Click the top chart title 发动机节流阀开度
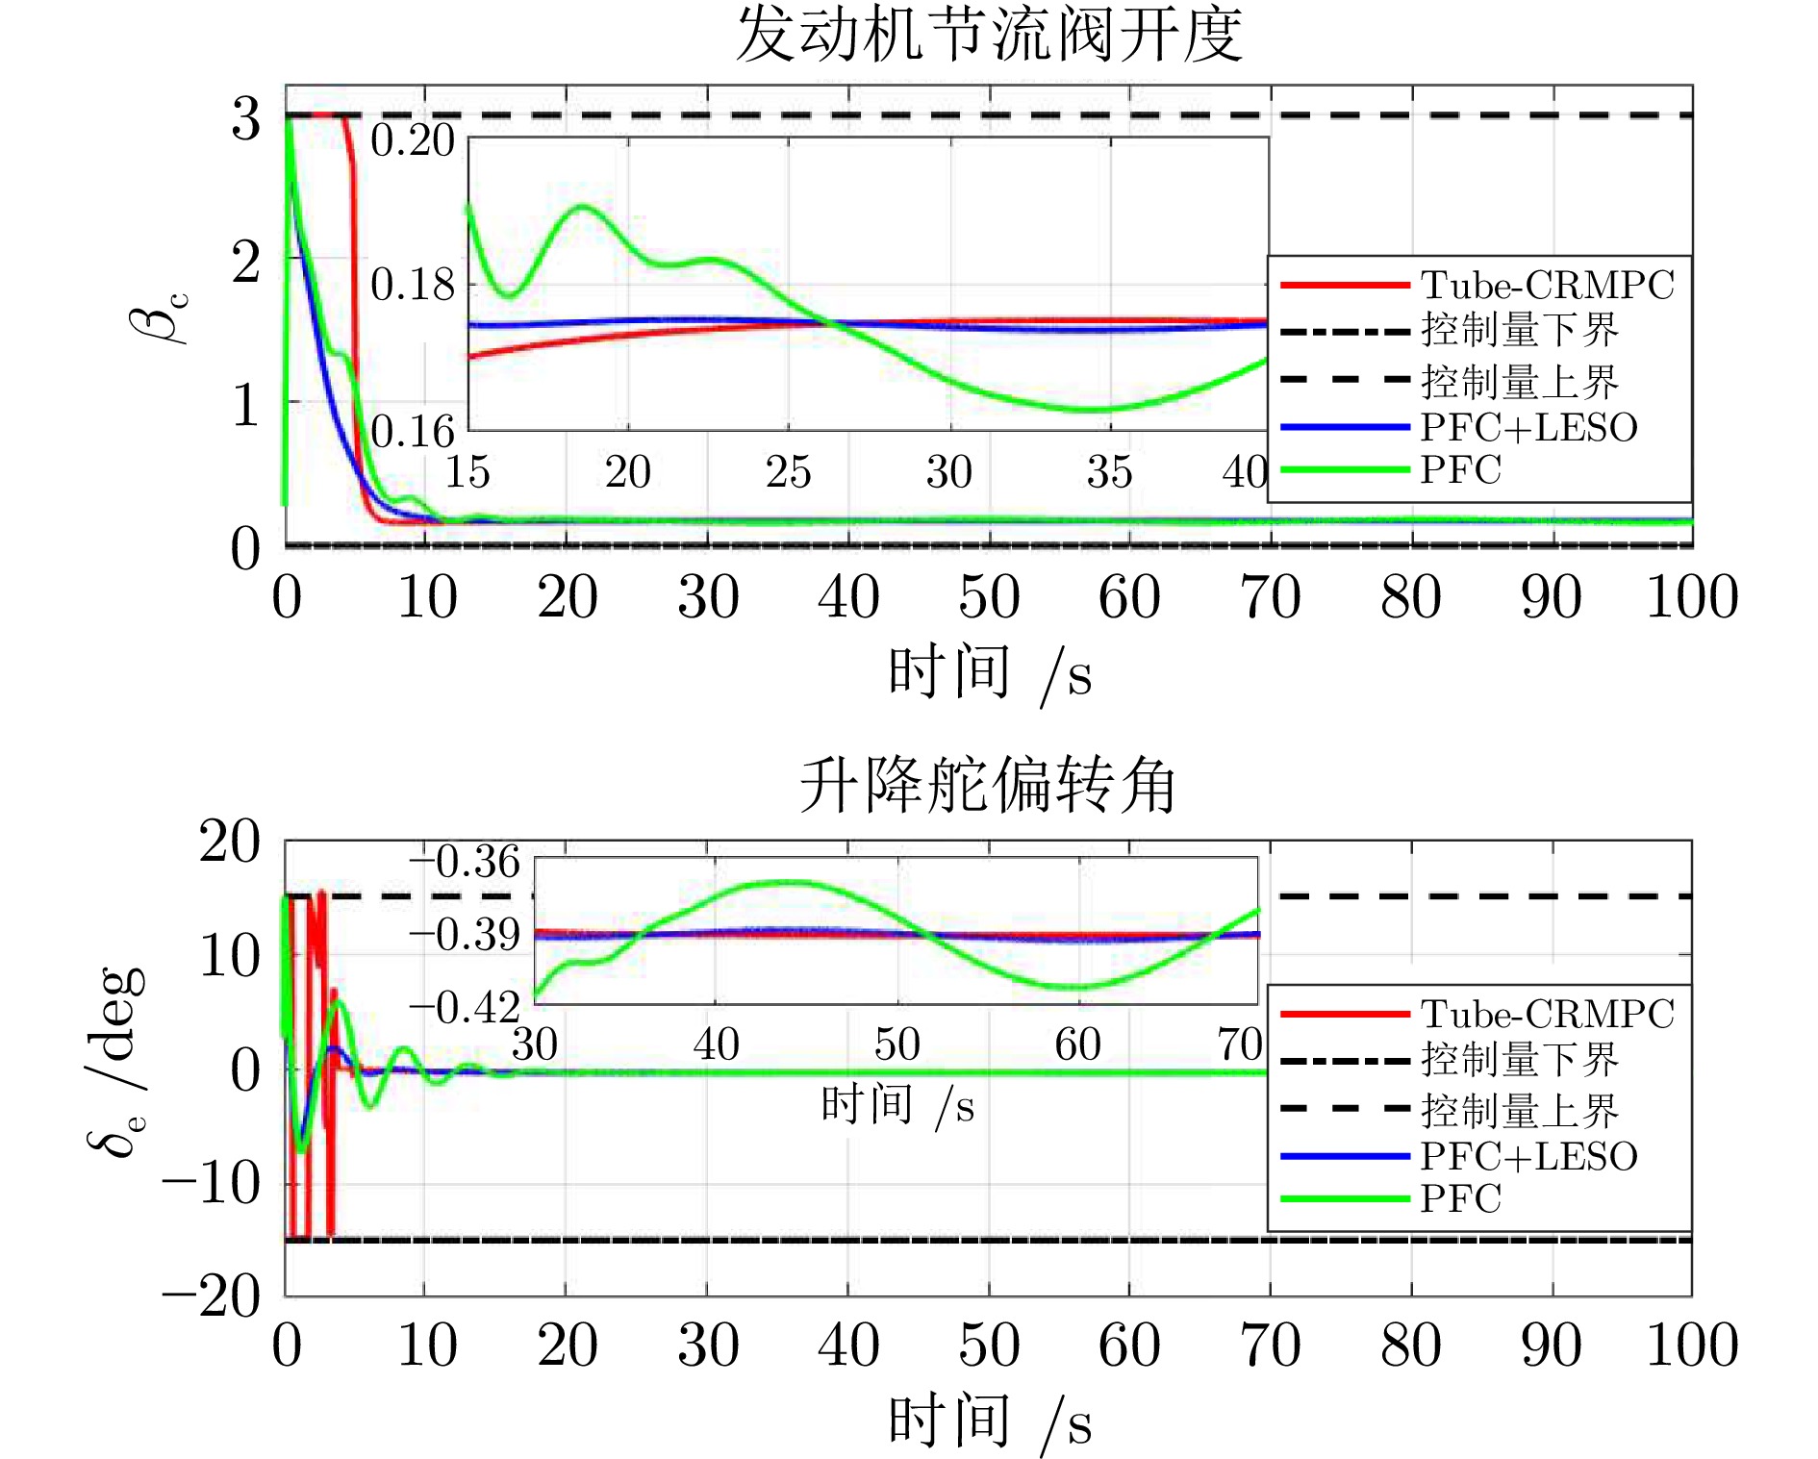click(989, 35)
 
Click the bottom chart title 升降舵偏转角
click(988, 785)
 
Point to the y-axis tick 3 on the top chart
click(246, 119)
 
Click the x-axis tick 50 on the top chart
click(989, 597)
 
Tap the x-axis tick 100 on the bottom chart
click(1692, 1346)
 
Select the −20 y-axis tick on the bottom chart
click(212, 1297)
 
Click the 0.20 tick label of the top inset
click(413, 140)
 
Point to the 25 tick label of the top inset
click(789, 472)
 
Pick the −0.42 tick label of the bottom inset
click(465, 1009)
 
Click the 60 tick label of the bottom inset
click(1077, 1044)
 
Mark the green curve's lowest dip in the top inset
click(1092, 410)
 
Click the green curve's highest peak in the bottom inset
click(789, 882)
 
